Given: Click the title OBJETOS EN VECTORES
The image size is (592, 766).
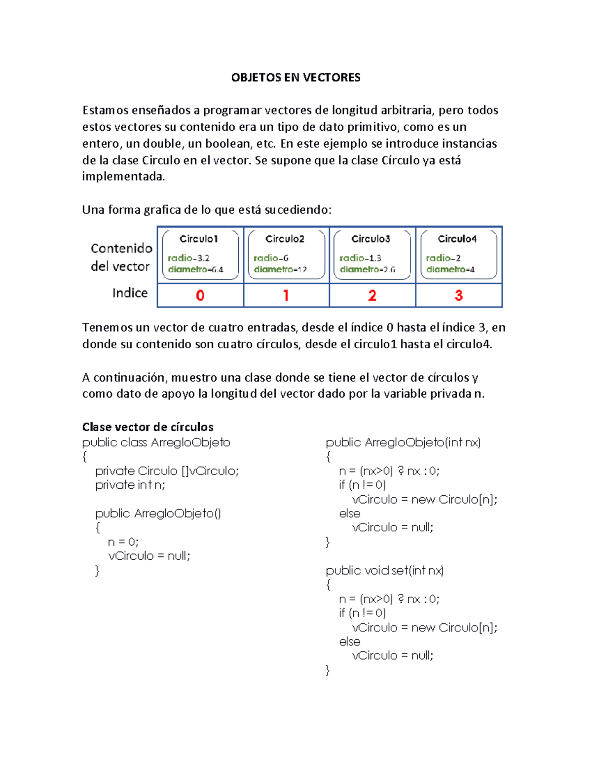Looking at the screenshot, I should point(296,77).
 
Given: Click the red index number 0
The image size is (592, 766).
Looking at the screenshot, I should point(200,295).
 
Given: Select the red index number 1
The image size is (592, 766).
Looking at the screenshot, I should point(286,295).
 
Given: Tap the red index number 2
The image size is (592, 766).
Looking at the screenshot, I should point(372,295).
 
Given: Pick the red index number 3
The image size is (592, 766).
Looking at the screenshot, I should point(458,295).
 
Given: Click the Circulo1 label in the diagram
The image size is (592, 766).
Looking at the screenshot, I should point(199,239).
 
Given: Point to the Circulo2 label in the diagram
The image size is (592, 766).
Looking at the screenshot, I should point(285,239).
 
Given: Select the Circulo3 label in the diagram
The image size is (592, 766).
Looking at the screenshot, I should point(370,239).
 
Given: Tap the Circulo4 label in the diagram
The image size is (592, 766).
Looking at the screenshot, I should point(457,239).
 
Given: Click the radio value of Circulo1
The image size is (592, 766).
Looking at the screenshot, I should point(188,258).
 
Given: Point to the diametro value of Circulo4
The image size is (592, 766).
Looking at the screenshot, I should point(450,269).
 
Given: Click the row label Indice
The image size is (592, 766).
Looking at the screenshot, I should point(130,293).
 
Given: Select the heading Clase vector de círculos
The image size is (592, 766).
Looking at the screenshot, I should point(148,427).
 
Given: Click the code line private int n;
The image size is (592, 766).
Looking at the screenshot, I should point(130,485).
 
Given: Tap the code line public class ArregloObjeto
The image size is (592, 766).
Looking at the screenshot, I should point(156,442).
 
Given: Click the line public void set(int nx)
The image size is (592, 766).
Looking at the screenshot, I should point(385,571).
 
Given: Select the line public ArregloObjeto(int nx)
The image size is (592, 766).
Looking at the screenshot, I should point(403,442).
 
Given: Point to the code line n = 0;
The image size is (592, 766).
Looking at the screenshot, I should point(123,542).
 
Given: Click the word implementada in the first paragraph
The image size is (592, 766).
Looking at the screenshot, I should point(123,177).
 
